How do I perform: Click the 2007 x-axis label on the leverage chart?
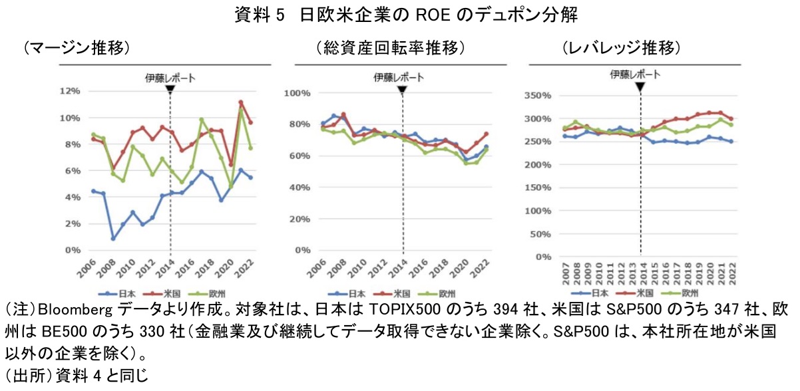(x=564, y=273)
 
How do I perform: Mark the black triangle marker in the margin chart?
(x=170, y=89)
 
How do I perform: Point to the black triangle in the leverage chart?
(x=640, y=87)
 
